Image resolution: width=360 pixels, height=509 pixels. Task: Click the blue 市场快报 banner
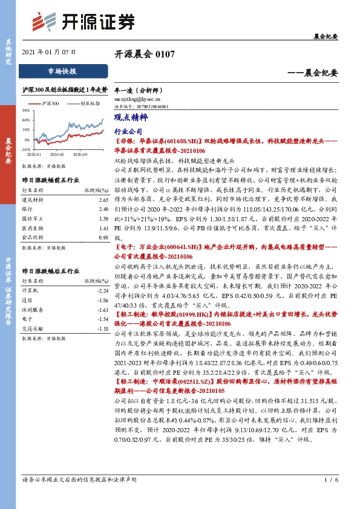pyautogui.click(x=62, y=71)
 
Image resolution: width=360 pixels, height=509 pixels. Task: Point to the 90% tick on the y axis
pyautogui.click(x=27, y=110)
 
